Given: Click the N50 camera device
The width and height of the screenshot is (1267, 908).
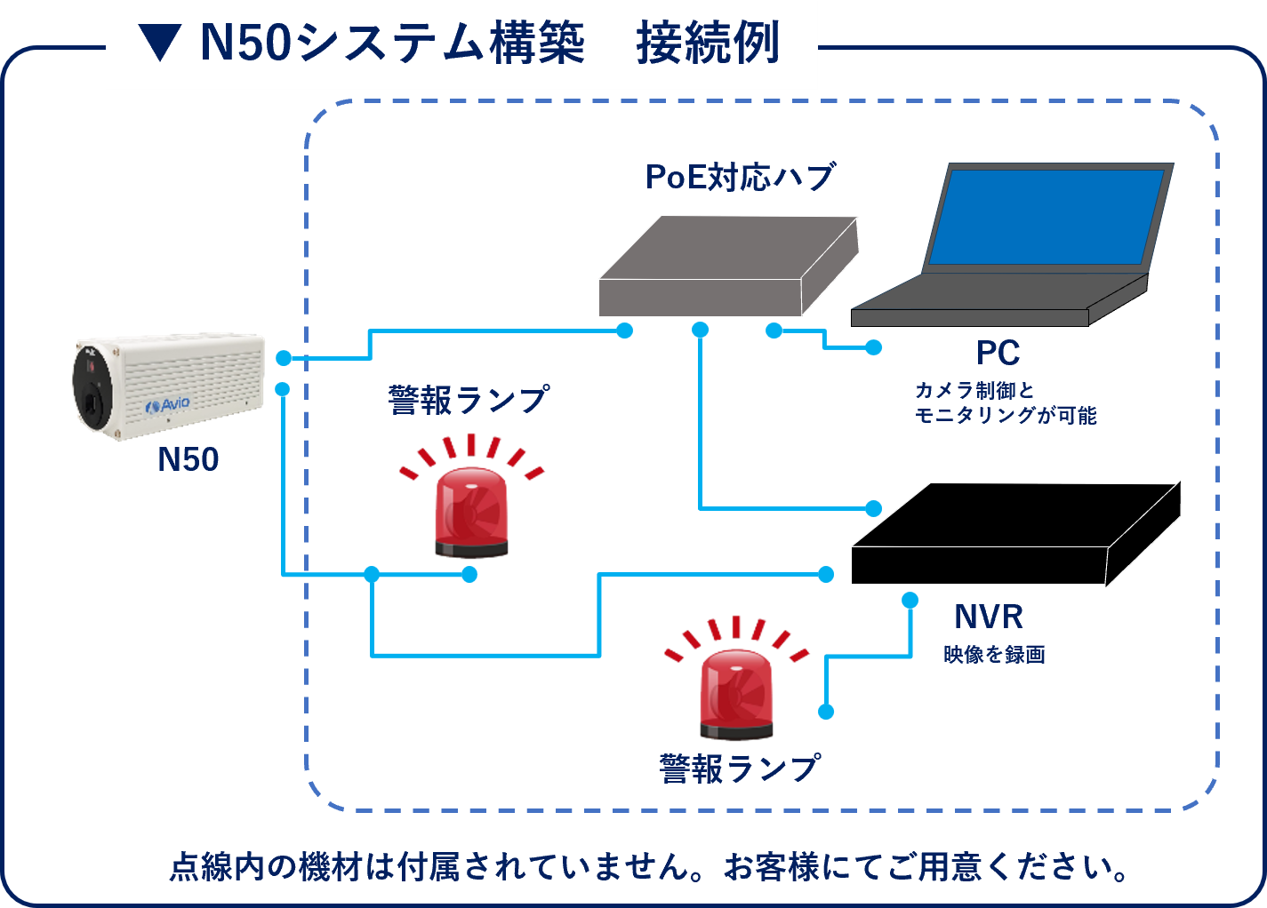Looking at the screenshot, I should tap(169, 386).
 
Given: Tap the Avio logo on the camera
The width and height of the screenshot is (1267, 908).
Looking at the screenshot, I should tap(168, 405).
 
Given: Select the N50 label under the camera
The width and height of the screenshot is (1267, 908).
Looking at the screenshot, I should tap(188, 459).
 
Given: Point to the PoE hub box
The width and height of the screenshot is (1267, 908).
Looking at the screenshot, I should tap(727, 267).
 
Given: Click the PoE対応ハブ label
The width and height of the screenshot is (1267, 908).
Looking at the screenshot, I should tap(740, 177).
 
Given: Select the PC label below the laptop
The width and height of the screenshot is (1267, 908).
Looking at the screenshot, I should tap(998, 354).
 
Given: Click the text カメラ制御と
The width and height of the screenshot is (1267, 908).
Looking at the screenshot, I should tap(974, 390).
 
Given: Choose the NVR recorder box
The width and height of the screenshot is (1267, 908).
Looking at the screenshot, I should tap(1014, 535).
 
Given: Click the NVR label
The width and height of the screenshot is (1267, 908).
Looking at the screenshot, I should tap(988, 617).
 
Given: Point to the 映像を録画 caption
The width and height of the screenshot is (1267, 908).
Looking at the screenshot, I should tap(994, 656).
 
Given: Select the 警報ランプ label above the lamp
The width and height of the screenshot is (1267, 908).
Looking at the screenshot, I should tap(469, 400).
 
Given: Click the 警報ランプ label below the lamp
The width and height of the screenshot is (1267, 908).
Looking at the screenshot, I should tap(740, 769).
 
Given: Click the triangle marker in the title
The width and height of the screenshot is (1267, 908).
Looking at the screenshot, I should tap(160, 43).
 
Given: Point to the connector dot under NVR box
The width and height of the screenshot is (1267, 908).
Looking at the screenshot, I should tap(910, 601).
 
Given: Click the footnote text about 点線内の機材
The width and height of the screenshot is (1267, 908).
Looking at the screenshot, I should tap(649, 867).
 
